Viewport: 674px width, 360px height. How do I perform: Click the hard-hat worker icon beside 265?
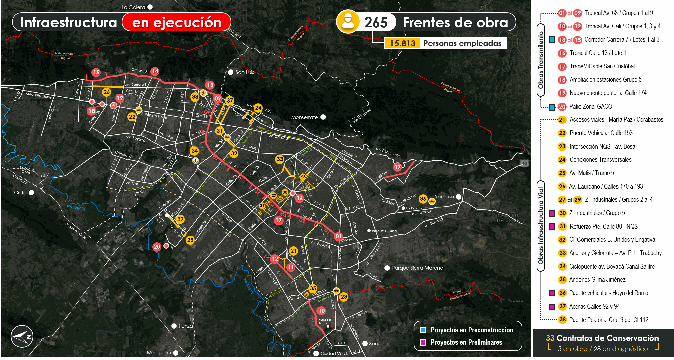[348, 22]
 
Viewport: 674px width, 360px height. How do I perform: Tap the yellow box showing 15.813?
[402, 43]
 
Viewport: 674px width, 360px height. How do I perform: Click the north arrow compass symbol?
[22, 336]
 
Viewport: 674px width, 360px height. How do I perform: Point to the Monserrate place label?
[304, 117]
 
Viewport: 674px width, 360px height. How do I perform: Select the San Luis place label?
[245, 72]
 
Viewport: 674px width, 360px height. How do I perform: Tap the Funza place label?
[186, 326]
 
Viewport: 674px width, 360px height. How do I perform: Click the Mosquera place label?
[158, 353]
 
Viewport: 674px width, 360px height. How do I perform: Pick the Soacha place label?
[378, 344]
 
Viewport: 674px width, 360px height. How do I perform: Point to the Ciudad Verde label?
[335, 354]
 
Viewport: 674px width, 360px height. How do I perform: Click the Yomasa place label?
[444, 197]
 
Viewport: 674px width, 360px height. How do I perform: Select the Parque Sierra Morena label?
[417, 268]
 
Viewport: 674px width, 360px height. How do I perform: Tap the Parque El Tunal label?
[384, 231]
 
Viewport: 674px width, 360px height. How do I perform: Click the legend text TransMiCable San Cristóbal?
[602, 66]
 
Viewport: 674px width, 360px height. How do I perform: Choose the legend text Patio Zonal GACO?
[591, 107]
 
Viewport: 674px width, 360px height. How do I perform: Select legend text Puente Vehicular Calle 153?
[601, 133]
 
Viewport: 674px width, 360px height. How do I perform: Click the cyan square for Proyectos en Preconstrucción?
[423, 330]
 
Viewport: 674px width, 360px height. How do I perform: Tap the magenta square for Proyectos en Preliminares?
[423, 342]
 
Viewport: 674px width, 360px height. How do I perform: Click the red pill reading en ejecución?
[177, 23]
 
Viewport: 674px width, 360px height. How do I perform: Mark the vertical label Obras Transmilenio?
[541, 60]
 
